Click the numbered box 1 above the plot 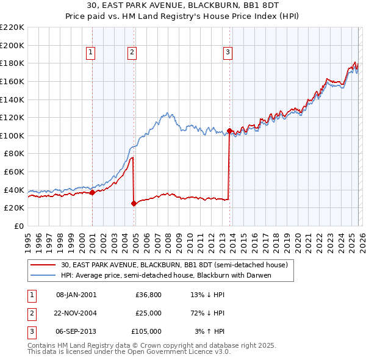click(90, 52)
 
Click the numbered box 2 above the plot click(132, 52)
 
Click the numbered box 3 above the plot click(228, 52)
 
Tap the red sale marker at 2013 click(229, 131)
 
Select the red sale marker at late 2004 click(134, 203)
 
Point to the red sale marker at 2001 click(92, 192)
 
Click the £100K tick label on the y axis click(12, 135)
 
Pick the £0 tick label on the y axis click(18, 226)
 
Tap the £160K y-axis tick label click(12, 81)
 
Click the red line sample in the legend click(43, 265)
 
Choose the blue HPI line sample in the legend click(43, 275)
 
